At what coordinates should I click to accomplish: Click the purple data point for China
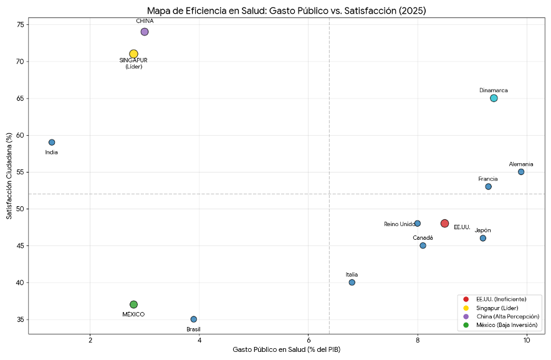pos(145,32)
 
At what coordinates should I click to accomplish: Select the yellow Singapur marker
pos(133,54)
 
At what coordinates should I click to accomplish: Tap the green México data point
pos(133,305)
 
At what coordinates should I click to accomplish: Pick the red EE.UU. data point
pos(444,224)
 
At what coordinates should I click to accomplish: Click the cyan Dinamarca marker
pos(494,98)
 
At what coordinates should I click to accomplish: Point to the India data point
pos(52,143)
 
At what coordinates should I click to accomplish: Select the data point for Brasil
pos(194,320)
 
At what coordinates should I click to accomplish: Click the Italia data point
pos(352,283)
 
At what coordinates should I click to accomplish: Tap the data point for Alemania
pos(521,172)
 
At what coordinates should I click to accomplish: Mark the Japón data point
pos(483,239)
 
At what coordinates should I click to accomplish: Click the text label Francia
pos(488,179)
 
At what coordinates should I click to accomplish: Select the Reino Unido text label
pos(399,224)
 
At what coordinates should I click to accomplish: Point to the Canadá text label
pos(423,238)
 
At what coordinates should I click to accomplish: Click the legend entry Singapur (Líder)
pos(497,308)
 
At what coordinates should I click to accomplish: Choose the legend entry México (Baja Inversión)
pos(505,325)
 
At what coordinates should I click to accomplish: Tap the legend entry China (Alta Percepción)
pos(507,316)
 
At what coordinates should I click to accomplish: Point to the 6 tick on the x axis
pos(309,339)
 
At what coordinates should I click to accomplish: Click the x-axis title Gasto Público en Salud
pos(286,350)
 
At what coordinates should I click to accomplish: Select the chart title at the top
pos(286,11)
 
